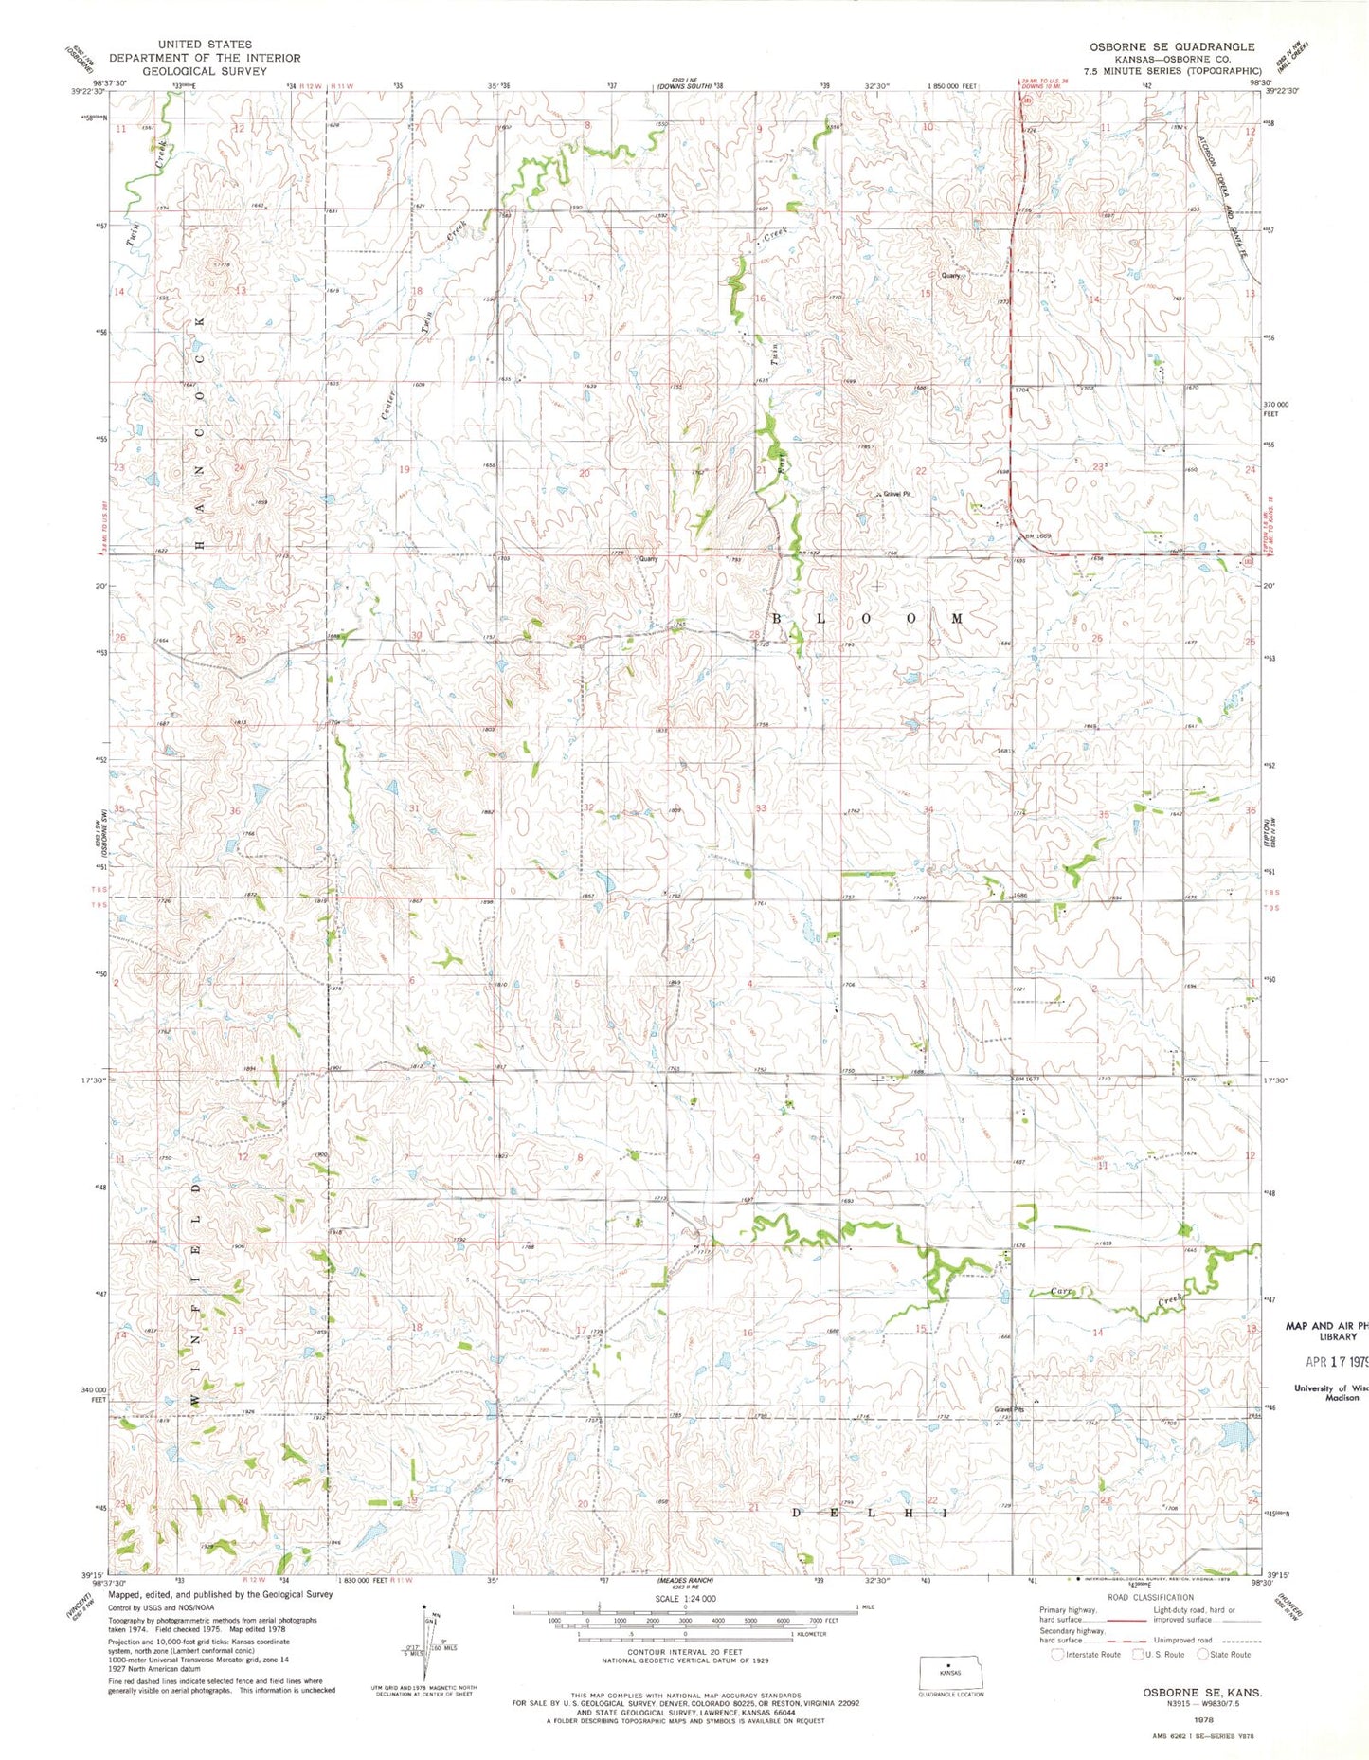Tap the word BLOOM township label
[x=870, y=618]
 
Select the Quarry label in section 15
[x=950, y=276]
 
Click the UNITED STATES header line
[x=205, y=45]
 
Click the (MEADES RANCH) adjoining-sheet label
[x=684, y=1580]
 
